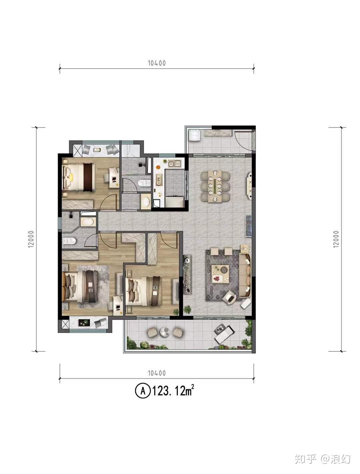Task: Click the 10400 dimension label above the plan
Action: pos(157,63)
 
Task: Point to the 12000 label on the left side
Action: pos(31,239)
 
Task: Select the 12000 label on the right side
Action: pos(336,239)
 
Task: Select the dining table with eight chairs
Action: pos(215,186)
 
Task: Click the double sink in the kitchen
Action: pos(174,164)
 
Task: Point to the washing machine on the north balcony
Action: pos(195,135)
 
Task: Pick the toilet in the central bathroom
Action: pos(144,183)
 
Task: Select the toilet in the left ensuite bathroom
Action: pos(69,241)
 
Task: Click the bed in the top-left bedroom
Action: pos(79,177)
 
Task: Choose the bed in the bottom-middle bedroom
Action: pos(144,291)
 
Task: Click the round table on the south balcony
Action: pos(165,332)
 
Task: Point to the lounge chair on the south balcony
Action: pos(224,334)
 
